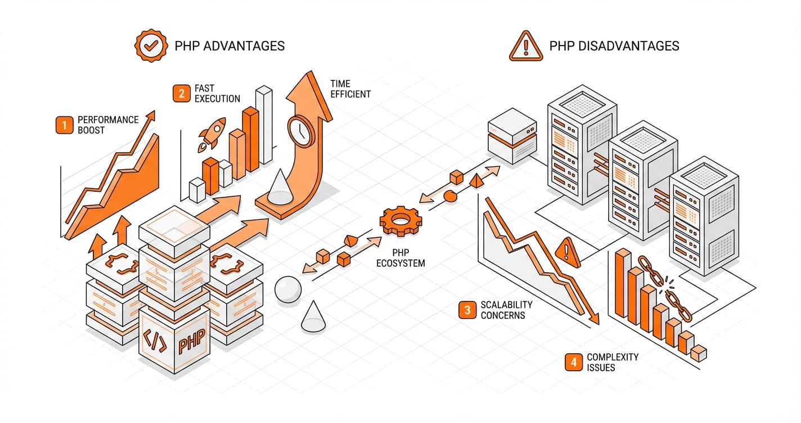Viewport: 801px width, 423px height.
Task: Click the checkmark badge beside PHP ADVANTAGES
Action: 150,46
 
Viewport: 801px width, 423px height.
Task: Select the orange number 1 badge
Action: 65,125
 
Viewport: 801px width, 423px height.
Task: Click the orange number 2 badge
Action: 181,93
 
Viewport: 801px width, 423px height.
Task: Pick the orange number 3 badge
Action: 467,310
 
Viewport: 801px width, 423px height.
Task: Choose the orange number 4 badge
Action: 573,362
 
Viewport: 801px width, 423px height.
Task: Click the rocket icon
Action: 212,135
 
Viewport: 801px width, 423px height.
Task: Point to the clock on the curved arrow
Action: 301,130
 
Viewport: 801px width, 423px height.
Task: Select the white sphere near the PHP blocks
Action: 288,289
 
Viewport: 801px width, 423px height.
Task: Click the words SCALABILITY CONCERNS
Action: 506,310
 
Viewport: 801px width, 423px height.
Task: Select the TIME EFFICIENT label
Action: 350,89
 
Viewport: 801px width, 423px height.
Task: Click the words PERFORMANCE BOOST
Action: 107,125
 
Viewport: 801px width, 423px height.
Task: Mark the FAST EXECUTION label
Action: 217,93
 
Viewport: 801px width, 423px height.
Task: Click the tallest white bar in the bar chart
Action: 264,124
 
